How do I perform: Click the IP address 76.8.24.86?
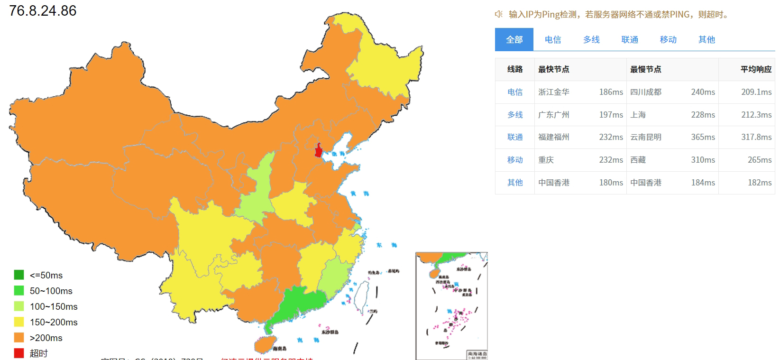pyautogui.click(x=43, y=10)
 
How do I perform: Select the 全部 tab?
pyautogui.click(x=514, y=40)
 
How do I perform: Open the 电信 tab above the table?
pyautogui.click(x=553, y=40)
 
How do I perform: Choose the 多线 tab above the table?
pyautogui.click(x=591, y=40)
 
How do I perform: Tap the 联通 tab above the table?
pyautogui.click(x=630, y=40)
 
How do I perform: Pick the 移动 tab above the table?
pyautogui.click(x=668, y=40)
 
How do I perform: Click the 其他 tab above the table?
pyautogui.click(x=707, y=40)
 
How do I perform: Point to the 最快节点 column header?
pyautogui.click(x=554, y=69)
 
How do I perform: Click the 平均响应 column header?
pyautogui.click(x=756, y=69)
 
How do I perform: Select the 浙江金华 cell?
pyautogui.click(x=554, y=92)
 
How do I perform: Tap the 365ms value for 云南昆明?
pyautogui.click(x=703, y=137)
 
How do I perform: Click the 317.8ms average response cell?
pyautogui.click(x=756, y=137)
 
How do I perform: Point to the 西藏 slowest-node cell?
pyautogui.click(x=638, y=160)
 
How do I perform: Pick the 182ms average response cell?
pyautogui.click(x=760, y=183)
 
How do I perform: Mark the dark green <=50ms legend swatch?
pyautogui.click(x=19, y=275)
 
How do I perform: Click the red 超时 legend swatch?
pyautogui.click(x=19, y=353)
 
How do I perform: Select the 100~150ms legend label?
pyautogui.click(x=54, y=306)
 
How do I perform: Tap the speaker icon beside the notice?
pyautogui.click(x=499, y=14)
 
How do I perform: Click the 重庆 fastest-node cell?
pyautogui.click(x=546, y=160)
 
